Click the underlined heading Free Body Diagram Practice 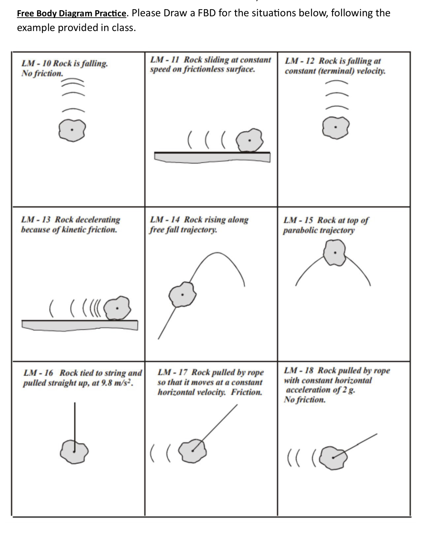(71, 13)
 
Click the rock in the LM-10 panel (72, 130)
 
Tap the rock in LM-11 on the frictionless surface (249, 141)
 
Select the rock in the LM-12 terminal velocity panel (335, 127)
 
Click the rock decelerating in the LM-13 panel (117, 308)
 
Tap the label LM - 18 (299, 371)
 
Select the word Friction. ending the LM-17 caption (246, 392)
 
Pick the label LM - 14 (165, 219)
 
